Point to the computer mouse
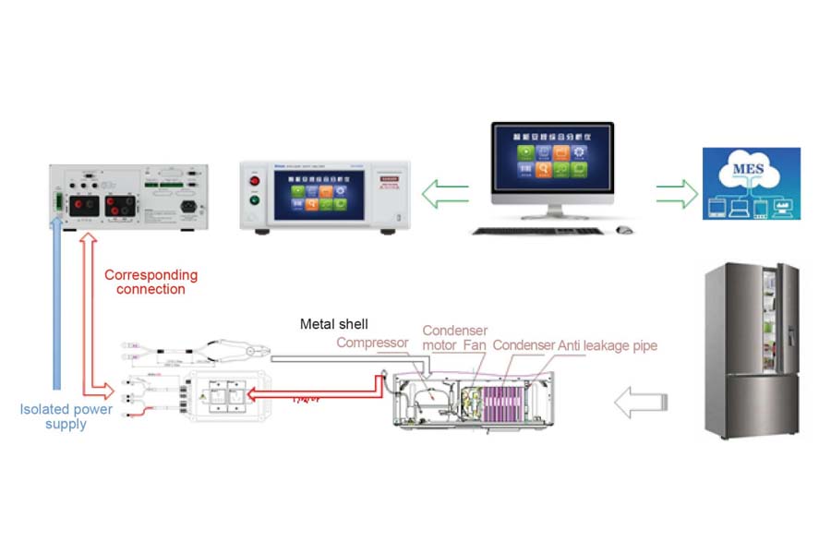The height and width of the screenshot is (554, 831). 625,229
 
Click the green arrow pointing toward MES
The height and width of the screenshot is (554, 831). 678,194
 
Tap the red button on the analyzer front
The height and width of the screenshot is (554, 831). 256,179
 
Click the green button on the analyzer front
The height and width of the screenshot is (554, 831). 256,206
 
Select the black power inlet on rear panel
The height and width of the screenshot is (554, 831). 192,206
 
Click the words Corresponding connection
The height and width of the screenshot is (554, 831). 151,282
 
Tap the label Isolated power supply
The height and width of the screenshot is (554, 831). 66,416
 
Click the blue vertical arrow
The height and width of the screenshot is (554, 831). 57,305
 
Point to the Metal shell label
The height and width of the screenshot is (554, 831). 333,324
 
